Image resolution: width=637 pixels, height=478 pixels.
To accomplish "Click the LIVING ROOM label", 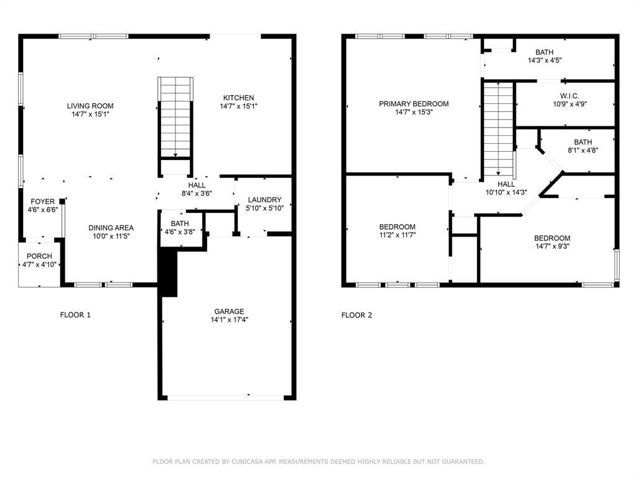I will (90, 106).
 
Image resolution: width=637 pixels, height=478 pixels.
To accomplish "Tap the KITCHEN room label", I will (238, 98).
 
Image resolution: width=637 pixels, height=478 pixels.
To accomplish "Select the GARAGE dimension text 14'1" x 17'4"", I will (229, 320).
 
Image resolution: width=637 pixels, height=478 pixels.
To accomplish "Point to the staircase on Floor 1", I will (176, 118).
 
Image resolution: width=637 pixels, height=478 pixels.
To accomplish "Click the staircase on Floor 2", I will (498, 131).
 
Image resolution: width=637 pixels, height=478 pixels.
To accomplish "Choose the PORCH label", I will (39, 256).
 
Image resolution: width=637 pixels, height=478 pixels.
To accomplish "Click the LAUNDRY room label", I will (264, 200).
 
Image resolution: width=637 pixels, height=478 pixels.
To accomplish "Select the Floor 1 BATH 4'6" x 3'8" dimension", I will (180, 232).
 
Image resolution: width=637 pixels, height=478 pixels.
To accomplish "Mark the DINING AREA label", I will (111, 228).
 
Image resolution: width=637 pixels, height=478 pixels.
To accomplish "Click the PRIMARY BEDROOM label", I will (414, 104).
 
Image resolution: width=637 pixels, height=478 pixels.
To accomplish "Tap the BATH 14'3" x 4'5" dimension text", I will (546, 61).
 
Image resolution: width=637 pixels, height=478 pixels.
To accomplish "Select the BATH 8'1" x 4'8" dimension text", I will (583, 150).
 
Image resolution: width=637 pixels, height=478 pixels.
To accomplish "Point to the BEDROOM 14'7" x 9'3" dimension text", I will (552, 246).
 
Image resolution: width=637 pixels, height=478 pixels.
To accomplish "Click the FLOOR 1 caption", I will (75, 315).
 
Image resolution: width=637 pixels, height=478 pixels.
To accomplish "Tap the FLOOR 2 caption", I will (356, 315).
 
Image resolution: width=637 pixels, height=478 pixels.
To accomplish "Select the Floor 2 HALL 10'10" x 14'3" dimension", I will (506, 192).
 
